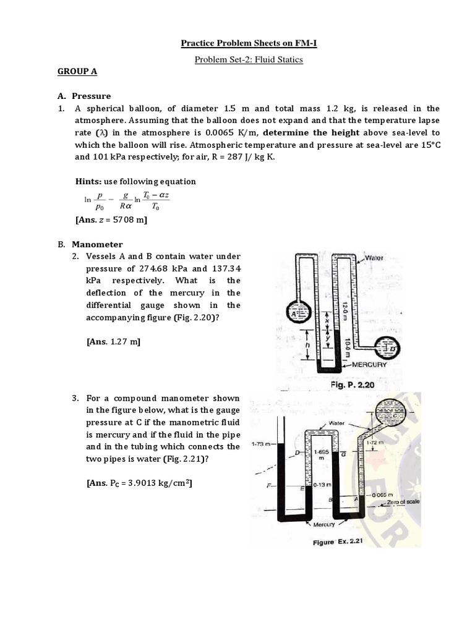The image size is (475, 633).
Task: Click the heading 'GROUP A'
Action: coord(77,72)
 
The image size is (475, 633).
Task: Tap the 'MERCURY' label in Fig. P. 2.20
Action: coord(369,365)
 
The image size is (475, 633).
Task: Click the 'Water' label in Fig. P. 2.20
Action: coord(375,257)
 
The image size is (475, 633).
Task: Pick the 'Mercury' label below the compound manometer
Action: coord(323,524)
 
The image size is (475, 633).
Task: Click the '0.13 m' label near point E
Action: coord(323,485)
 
